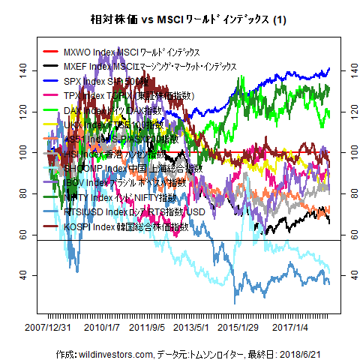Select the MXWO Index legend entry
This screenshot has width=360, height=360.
[121, 52]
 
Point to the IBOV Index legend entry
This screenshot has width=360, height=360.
[120, 183]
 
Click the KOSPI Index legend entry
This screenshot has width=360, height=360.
[120, 226]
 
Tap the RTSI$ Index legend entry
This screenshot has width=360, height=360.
[124, 212]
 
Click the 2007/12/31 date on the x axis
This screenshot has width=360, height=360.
[49, 327]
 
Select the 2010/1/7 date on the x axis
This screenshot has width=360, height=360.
[101, 327]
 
